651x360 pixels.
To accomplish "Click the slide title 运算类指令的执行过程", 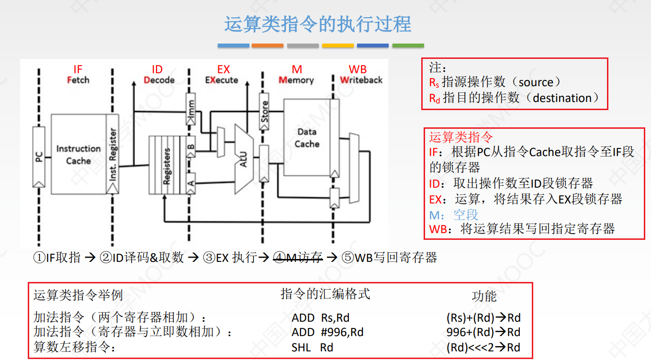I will (318, 24).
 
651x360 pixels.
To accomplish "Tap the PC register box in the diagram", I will (39, 157).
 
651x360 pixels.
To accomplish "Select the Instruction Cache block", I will (78, 154).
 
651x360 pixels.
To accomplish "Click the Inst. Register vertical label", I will (113, 154).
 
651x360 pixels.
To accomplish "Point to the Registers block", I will (167, 166).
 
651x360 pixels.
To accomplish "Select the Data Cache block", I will (307, 138).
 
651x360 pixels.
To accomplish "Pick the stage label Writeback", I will (361, 80).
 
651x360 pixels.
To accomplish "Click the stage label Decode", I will (159, 80).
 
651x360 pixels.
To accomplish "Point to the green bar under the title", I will (408, 46).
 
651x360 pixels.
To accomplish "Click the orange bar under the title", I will (267, 46).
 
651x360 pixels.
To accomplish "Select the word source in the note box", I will (536, 82).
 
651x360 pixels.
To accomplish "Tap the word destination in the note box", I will (562, 98).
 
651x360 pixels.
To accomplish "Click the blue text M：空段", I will (454, 214).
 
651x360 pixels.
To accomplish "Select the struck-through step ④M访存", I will (297, 258).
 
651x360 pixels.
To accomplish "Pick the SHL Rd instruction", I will (312, 348).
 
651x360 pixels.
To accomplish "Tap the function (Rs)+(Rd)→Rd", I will (483, 318).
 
